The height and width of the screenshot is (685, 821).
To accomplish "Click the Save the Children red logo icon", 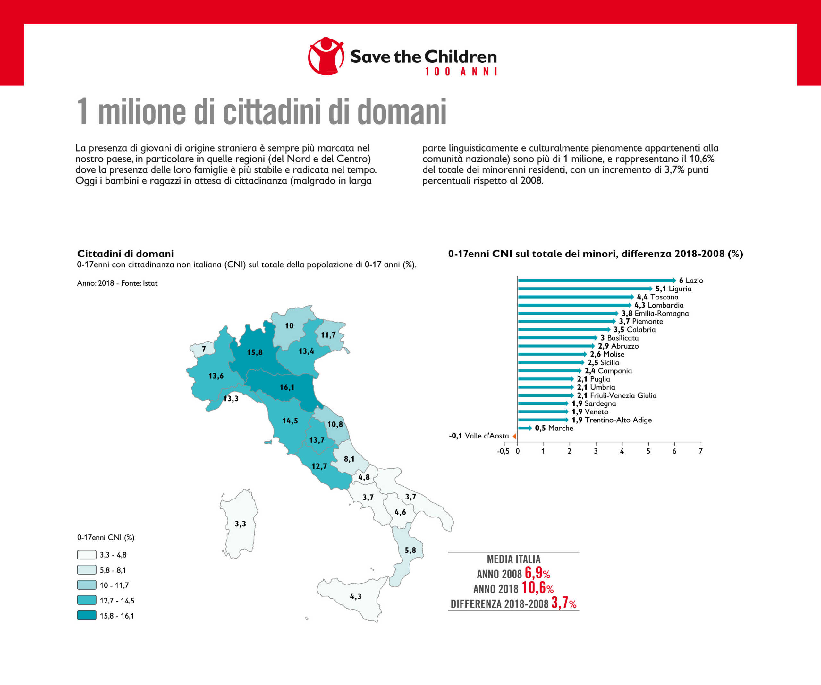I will pyautogui.click(x=326, y=56).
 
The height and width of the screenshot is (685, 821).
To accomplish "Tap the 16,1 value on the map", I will pyautogui.click(x=287, y=387).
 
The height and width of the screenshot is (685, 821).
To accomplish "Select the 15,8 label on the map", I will pyautogui.click(x=255, y=352).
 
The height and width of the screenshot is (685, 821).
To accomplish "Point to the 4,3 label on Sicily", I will pyautogui.click(x=355, y=596).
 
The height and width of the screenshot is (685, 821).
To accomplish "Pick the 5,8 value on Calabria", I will pyautogui.click(x=410, y=550).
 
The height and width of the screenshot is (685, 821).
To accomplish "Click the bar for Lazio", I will pyautogui.click(x=596, y=281).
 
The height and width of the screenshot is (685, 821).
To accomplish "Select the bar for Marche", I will pyautogui.click(x=524, y=428).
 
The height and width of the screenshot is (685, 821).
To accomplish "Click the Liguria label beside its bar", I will pyautogui.click(x=680, y=289).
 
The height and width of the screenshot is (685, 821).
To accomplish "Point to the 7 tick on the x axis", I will pyautogui.click(x=701, y=451).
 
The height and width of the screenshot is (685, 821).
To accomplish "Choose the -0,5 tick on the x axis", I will pyautogui.click(x=503, y=451).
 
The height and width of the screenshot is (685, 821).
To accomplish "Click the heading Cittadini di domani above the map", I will pyautogui.click(x=125, y=254).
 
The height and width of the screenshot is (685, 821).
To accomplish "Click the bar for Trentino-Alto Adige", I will pyautogui.click(x=543, y=420).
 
